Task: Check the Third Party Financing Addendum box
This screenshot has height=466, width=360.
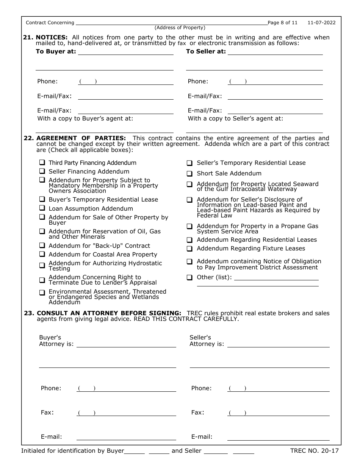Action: [x=42, y=163]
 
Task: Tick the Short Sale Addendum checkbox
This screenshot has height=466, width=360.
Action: [x=189, y=174]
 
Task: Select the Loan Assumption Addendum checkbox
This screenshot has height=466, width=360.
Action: [x=42, y=208]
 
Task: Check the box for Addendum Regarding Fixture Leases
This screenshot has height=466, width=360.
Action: [x=189, y=249]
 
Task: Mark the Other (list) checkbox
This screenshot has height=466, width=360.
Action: [x=189, y=277]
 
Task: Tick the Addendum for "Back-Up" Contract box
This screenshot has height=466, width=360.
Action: [x=42, y=246]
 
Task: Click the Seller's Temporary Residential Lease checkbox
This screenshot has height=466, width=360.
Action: [x=189, y=163]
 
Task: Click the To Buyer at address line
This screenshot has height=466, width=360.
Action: [x=125, y=52]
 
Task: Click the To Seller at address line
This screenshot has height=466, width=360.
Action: [x=275, y=52]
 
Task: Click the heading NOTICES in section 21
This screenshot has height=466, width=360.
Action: [x=52, y=37]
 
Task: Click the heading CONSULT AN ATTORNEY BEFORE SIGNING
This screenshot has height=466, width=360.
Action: [x=109, y=313]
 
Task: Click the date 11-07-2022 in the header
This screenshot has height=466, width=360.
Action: [x=321, y=23]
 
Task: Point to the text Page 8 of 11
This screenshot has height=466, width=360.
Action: [x=283, y=23]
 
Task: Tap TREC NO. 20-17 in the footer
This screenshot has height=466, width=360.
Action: [x=314, y=451]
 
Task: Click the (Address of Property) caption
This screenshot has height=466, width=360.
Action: [x=180, y=28]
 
